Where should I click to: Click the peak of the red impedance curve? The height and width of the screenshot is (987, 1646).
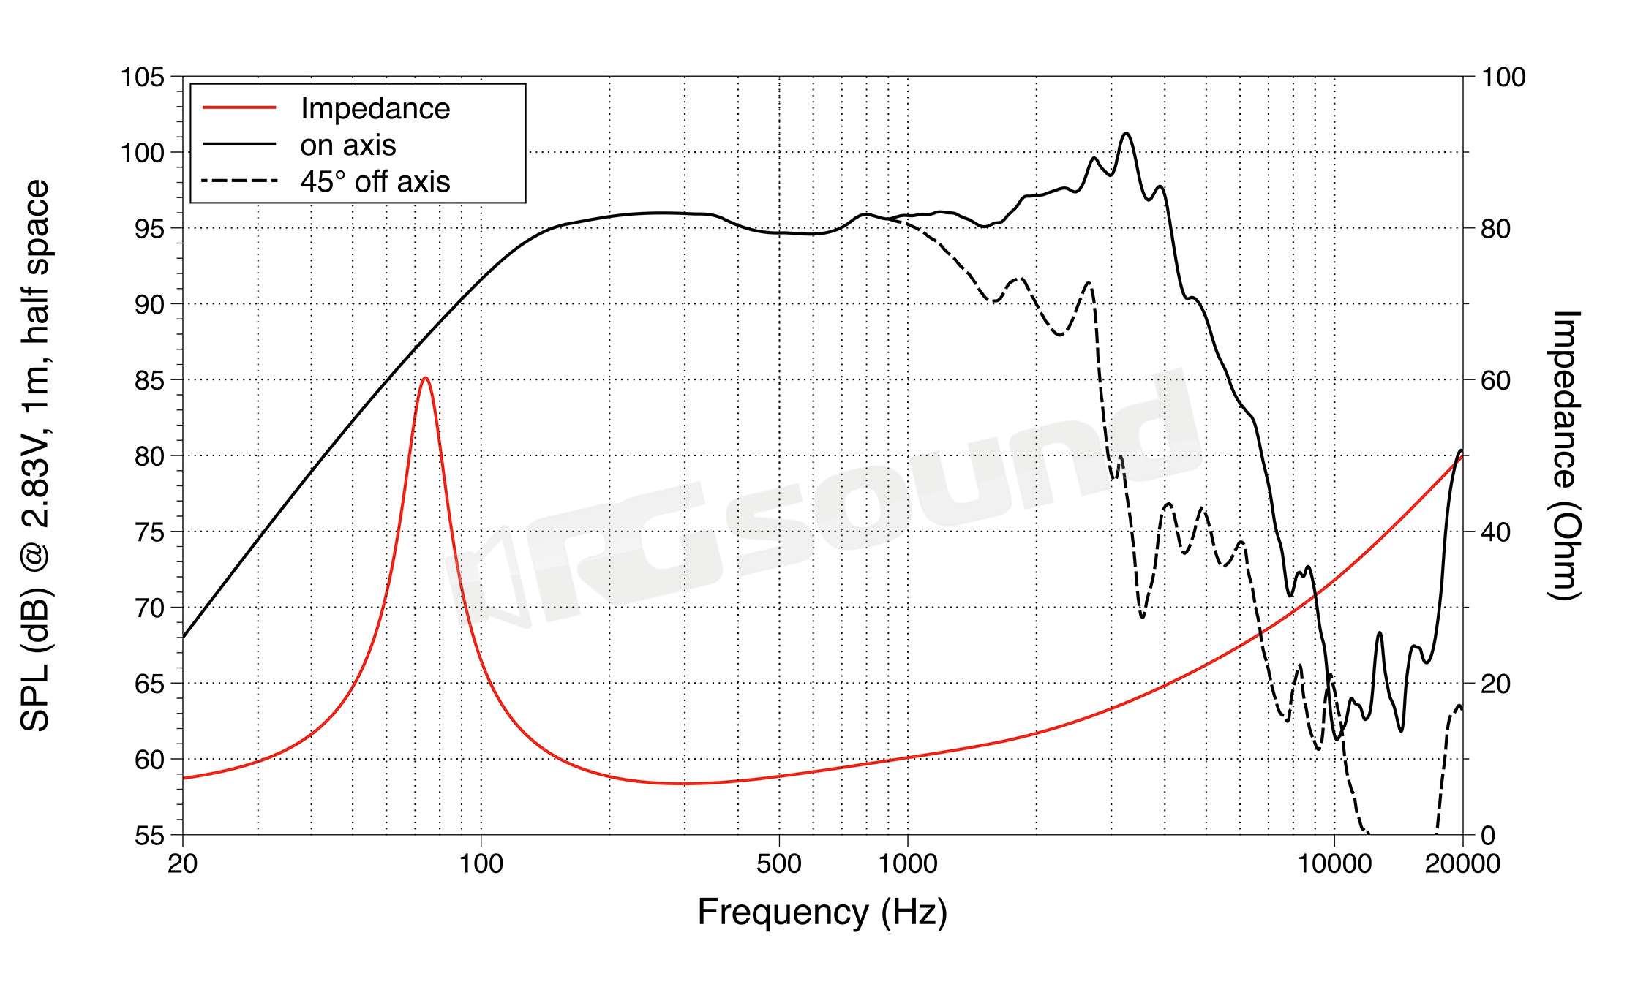pos(425,378)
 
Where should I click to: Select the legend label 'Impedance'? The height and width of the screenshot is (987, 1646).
pos(375,108)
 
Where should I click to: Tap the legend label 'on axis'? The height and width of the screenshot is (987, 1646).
pos(348,145)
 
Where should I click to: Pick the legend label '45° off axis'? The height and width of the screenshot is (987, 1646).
pos(375,181)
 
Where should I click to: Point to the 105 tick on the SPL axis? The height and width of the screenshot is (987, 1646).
pos(143,77)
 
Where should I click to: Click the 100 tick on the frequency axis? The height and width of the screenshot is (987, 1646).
pos(481,864)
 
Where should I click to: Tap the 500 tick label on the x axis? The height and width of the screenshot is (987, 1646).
pos(779,864)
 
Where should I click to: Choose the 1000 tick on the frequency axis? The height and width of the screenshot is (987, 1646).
pos(907,864)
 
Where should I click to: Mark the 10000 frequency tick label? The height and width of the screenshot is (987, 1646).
pos(1334,864)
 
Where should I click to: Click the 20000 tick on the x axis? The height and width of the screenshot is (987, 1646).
pos(1462,864)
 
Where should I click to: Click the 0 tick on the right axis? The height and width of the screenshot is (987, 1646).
pos(1488,835)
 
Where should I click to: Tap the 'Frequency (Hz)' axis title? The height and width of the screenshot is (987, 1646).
pos(822,912)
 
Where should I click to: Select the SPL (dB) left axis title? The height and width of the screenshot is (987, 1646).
pos(35,455)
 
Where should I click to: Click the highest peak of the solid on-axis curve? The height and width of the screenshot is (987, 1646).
pos(1126,133)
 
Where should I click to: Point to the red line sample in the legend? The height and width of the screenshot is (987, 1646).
pos(239,107)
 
